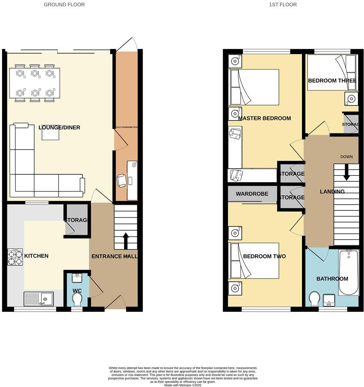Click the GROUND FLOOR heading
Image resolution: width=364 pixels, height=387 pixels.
(64, 5)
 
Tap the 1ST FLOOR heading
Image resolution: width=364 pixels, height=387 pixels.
(283, 5)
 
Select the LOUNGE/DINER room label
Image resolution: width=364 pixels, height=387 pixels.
(59, 128)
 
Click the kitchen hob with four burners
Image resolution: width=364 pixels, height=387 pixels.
(15, 257)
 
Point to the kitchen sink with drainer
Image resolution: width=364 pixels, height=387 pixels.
(39, 299)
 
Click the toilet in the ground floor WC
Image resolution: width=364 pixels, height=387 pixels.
(77, 300)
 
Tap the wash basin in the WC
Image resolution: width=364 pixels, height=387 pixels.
(77, 278)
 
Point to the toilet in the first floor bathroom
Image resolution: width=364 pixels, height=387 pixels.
(314, 299)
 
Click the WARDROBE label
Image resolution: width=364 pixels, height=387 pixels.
(252, 194)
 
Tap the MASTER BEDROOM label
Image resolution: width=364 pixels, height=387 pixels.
(264, 118)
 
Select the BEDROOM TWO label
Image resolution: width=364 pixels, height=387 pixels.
(264, 257)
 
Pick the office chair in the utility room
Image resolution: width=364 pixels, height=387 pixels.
(121, 180)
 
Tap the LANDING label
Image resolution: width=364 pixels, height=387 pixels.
(332, 192)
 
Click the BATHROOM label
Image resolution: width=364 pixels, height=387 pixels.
(332, 279)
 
